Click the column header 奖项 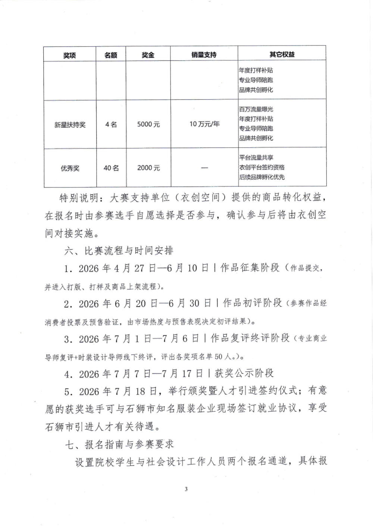[x=69, y=55]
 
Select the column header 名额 [x=111, y=55]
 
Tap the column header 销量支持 [x=204, y=55]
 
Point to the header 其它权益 [x=282, y=54]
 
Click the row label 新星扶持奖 [x=70, y=125]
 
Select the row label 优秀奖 [x=70, y=168]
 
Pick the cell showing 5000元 [x=148, y=124]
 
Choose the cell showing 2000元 [x=148, y=168]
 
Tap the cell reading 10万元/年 [x=204, y=124]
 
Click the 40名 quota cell [x=111, y=168]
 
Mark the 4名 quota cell [x=111, y=124]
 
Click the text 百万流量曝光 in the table [x=256, y=109]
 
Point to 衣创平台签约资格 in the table [x=262, y=167]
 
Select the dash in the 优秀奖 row [x=204, y=168]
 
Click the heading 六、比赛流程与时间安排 [x=119, y=251]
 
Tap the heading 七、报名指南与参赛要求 [x=119, y=444]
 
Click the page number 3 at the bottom [x=186, y=489]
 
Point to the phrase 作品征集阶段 [x=250, y=268]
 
